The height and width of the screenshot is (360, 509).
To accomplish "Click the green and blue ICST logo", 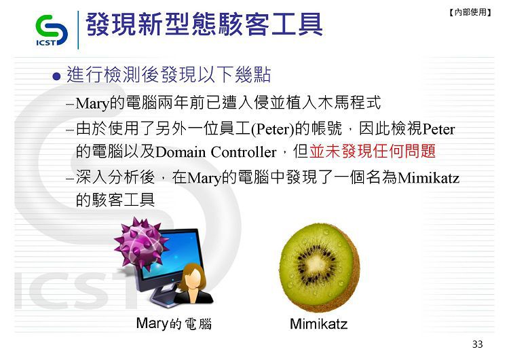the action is click(x=52, y=31).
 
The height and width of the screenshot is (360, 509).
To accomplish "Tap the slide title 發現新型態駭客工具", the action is click(x=204, y=24).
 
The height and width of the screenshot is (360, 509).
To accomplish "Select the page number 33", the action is click(x=477, y=344).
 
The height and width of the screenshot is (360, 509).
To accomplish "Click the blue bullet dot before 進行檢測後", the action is click(x=56, y=77).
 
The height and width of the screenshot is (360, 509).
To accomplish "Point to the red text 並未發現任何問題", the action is click(x=373, y=151).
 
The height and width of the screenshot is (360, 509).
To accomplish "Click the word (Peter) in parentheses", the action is click(x=273, y=129).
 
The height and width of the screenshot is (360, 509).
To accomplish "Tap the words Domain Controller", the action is click(x=216, y=152).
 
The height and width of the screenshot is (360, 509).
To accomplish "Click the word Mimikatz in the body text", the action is click(x=428, y=178).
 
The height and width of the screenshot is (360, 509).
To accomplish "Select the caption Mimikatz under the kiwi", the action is click(x=318, y=324).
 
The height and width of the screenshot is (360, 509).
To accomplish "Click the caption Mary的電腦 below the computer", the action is click(x=174, y=323).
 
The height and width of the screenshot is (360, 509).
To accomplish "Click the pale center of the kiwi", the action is click(x=316, y=261).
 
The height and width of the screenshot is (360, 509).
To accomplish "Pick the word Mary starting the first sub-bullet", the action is click(x=92, y=104).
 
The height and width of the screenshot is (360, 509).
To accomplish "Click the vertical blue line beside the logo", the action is click(x=78, y=30).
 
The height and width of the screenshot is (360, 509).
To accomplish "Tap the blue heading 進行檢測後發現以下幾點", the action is click(x=168, y=75).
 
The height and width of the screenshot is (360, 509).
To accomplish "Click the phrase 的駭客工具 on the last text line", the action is click(x=115, y=200).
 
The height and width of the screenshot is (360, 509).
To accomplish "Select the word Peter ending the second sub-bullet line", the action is click(x=439, y=129).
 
